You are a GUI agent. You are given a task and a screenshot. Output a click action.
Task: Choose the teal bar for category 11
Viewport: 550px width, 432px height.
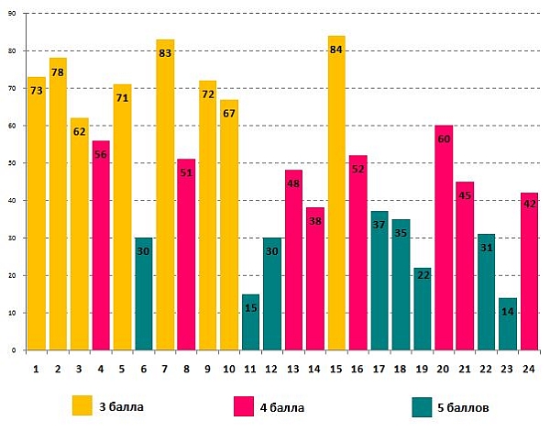tap(250, 321)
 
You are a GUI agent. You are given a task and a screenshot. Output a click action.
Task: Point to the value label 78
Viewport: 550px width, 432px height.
tap(58, 72)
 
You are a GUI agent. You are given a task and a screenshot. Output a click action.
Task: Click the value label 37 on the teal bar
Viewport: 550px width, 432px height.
tap(379, 226)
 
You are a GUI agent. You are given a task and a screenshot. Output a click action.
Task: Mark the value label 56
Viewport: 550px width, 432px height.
tap(101, 155)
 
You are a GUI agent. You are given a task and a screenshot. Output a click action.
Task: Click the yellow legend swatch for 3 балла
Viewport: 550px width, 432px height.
tap(82, 404)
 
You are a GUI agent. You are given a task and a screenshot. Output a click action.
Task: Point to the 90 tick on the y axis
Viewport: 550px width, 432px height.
tap(12, 14)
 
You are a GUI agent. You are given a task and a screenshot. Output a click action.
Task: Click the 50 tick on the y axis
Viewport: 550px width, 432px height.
tap(12, 163)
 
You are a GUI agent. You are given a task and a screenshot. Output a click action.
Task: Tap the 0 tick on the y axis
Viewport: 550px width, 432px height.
tap(15, 350)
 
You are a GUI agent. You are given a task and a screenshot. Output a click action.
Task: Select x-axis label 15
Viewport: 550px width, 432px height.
tap(336, 368)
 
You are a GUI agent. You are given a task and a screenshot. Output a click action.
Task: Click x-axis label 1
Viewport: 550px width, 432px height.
tap(36, 368)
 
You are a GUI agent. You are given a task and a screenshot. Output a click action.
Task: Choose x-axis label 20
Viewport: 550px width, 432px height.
tap(444, 368)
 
